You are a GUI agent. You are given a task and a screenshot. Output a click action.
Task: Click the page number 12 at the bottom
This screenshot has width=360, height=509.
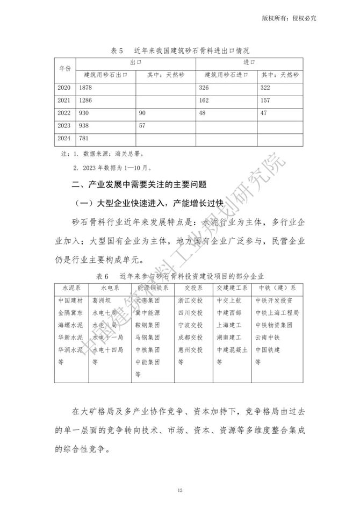pos(180,490)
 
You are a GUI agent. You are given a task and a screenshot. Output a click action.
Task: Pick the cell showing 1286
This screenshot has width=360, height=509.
pos(86,100)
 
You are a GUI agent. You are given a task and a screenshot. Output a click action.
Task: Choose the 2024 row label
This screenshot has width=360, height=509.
pos(63,139)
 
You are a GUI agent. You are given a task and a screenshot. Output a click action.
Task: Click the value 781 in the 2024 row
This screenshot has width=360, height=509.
pos(84,139)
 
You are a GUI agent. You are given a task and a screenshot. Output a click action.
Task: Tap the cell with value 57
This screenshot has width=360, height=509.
pos(142,126)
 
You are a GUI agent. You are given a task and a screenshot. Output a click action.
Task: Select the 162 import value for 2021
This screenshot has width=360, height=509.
pos(204,100)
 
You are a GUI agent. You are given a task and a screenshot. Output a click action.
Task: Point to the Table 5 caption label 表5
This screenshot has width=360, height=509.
pos(117,51)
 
